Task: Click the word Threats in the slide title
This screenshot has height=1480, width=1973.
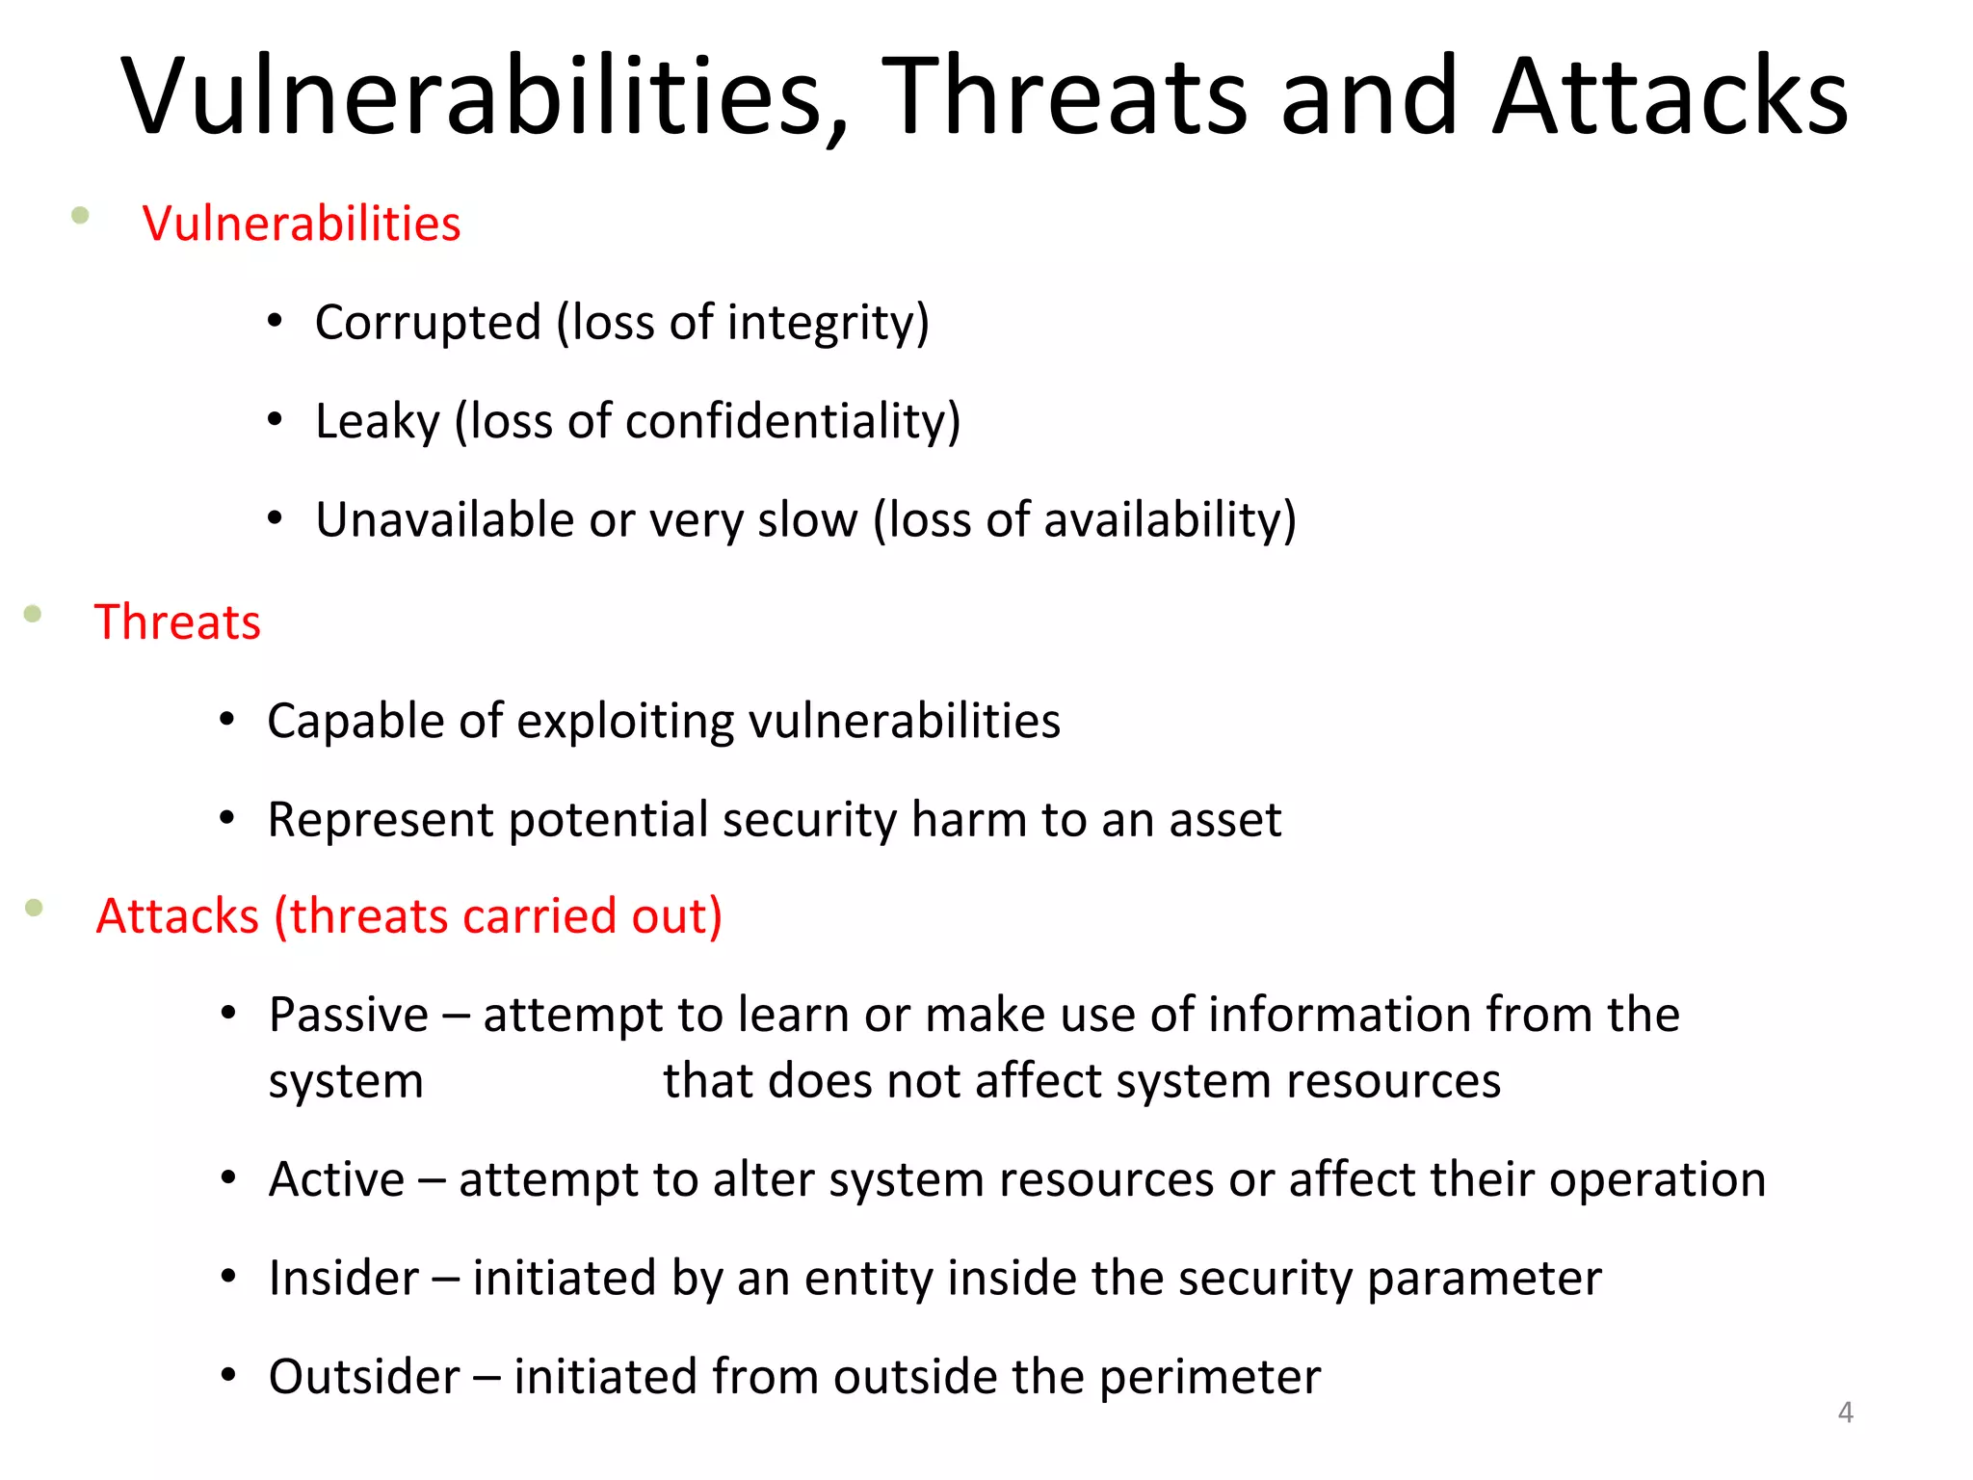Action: click(1064, 96)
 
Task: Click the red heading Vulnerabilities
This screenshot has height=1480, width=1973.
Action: click(302, 224)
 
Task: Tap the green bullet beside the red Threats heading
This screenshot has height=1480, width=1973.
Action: click(33, 614)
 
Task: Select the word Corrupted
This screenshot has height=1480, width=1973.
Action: click(428, 323)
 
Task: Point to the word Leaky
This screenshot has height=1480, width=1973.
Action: click(377, 422)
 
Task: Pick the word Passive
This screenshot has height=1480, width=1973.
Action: click(348, 1016)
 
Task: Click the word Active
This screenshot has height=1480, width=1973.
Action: click(336, 1180)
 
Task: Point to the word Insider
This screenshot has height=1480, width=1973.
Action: click(344, 1279)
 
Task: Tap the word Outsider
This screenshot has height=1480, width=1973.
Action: click(364, 1377)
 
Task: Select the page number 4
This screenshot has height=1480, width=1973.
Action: click(1845, 1413)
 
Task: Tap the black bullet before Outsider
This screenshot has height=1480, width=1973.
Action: click(228, 1375)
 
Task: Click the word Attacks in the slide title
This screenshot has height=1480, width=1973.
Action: click(1670, 96)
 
